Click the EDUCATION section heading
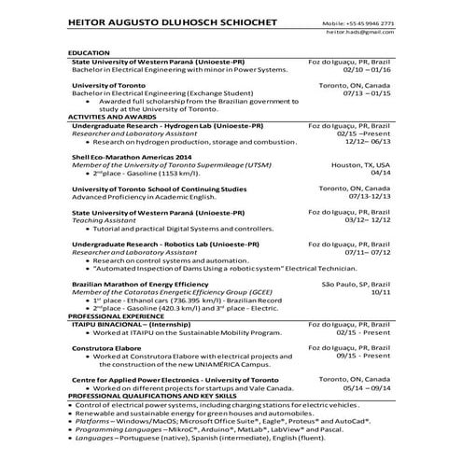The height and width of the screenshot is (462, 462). click(90, 55)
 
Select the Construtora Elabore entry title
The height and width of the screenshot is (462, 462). click(109, 347)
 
